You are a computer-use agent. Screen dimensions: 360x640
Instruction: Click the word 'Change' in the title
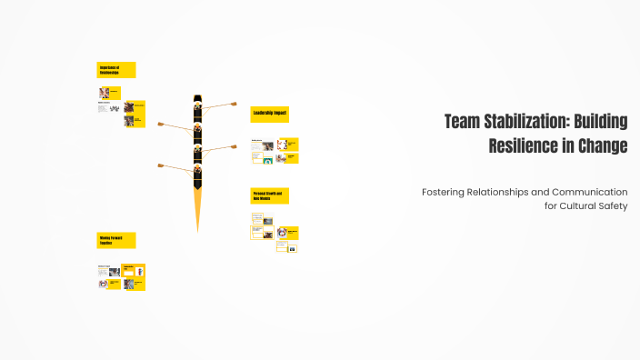click(604, 145)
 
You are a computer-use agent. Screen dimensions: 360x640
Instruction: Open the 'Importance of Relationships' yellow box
click(116, 70)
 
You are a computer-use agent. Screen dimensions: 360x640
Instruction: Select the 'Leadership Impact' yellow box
click(269, 114)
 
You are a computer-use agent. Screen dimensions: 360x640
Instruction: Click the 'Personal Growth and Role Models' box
click(269, 196)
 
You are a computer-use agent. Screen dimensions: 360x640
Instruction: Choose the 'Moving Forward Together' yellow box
click(116, 240)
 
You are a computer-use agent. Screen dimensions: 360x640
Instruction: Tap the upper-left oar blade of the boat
click(161, 124)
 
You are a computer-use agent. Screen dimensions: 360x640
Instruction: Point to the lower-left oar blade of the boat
click(161, 165)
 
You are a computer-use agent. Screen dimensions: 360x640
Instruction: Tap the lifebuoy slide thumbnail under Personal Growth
click(282, 234)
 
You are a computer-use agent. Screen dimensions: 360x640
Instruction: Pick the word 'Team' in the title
click(462, 122)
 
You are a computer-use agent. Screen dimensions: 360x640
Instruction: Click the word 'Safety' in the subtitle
click(611, 205)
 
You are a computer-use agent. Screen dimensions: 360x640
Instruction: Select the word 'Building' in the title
click(599, 122)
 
